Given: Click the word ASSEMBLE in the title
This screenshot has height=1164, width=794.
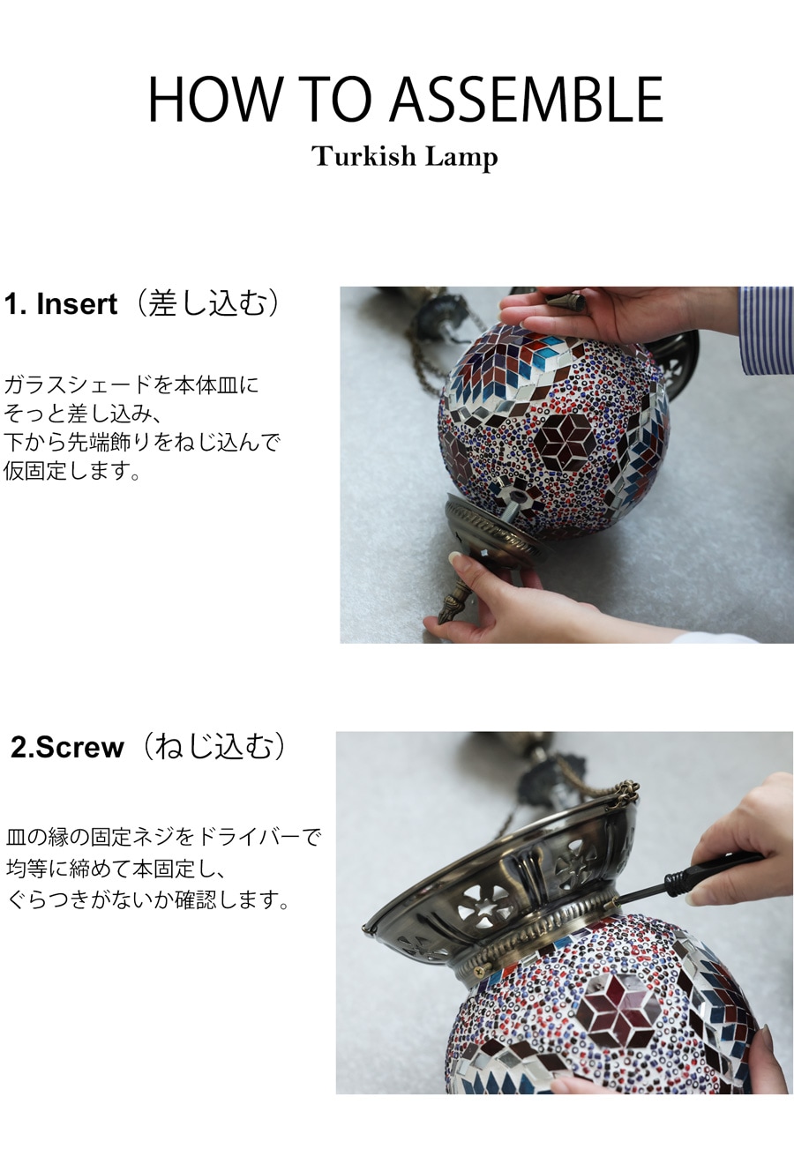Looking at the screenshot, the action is (x=526, y=99).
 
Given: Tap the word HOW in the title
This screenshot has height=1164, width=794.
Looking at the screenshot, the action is (x=213, y=99).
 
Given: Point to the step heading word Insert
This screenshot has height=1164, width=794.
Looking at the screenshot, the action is (x=77, y=304).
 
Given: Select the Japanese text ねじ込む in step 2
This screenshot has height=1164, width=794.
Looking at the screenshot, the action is (x=213, y=747).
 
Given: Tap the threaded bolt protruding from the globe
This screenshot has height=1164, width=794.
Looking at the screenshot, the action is (x=513, y=507).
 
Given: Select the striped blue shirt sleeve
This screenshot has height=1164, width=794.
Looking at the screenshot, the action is (x=766, y=330).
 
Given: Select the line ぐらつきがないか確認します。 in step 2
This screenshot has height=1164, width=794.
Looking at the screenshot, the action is (x=147, y=899).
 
